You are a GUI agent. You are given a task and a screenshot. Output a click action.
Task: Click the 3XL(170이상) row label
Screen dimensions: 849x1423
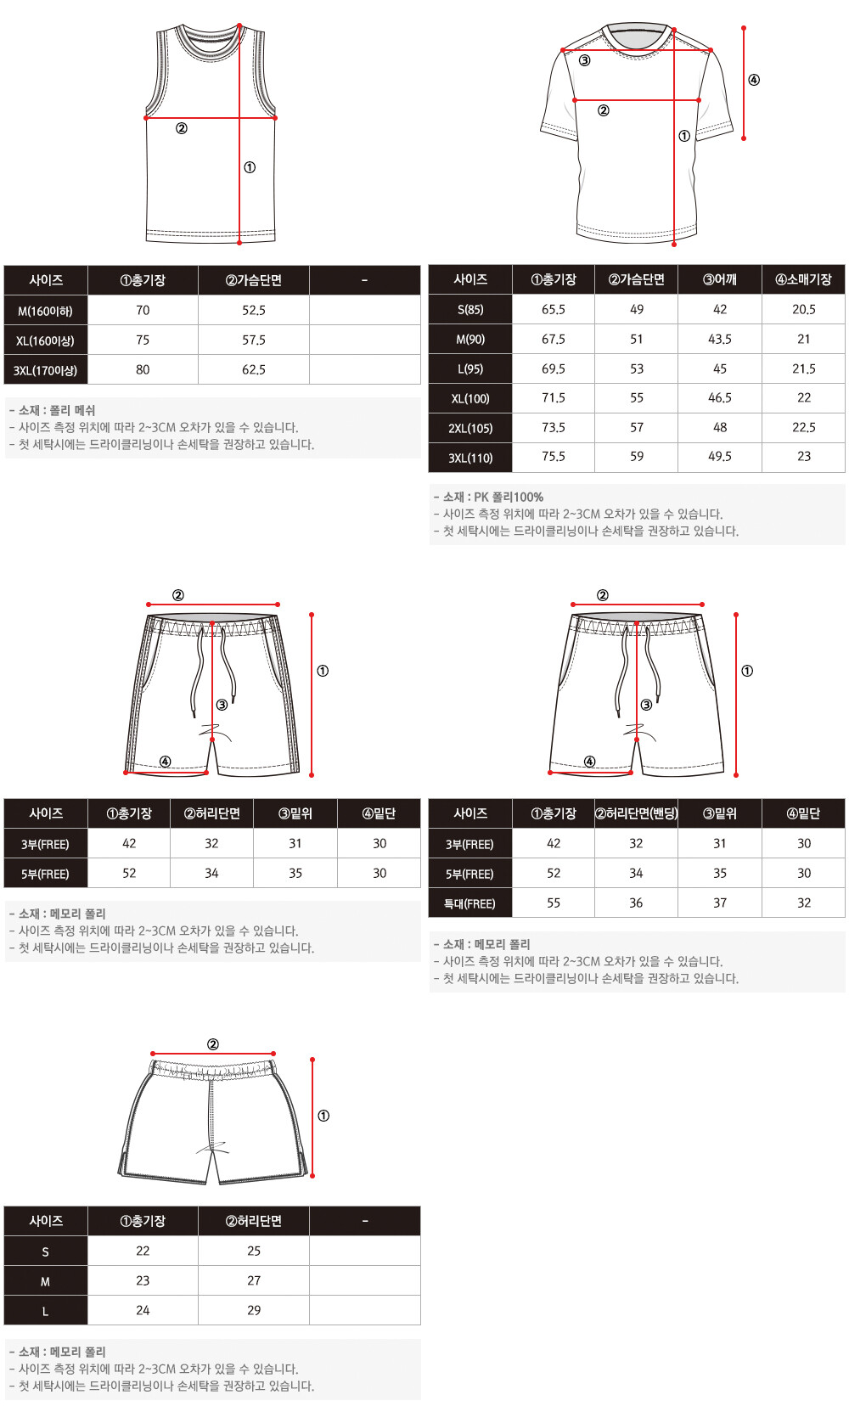(45, 369)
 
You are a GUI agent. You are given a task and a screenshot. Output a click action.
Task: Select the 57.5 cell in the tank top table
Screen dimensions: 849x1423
(253, 340)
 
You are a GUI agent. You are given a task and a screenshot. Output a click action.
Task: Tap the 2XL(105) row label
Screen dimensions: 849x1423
(469, 428)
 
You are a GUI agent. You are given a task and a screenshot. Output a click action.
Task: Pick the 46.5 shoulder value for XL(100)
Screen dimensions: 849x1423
(719, 397)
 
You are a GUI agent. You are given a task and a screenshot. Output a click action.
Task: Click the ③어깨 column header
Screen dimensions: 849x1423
(719, 279)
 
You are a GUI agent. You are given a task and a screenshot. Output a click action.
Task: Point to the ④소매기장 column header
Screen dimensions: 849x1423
(803, 279)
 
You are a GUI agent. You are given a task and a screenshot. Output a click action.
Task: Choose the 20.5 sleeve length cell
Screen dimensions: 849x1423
(803, 309)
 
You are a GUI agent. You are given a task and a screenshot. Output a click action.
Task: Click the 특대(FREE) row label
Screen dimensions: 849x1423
(469, 903)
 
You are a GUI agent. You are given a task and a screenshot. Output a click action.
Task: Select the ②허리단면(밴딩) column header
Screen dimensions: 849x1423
(636, 813)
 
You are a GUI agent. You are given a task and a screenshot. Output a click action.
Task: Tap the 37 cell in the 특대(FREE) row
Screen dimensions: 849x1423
(719, 903)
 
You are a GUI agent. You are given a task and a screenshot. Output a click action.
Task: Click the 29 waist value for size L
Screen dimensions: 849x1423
(253, 1310)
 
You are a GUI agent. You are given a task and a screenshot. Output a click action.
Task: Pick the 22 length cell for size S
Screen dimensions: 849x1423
(143, 1251)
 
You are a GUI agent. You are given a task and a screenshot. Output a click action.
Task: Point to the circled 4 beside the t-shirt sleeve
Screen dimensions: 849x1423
(754, 80)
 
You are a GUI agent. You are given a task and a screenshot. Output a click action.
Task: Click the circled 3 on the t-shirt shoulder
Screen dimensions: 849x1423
(585, 60)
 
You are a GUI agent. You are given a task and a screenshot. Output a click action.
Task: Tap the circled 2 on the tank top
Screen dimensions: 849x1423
(182, 128)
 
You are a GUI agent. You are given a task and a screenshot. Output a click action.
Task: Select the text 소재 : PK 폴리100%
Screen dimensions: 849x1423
(492, 497)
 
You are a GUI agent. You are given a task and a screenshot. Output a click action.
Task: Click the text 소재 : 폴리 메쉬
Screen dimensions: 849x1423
(57, 410)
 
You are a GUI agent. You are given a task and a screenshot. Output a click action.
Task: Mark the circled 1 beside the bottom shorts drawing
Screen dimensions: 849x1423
(323, 1116)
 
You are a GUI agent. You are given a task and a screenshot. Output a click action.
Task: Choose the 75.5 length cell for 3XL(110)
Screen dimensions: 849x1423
(553, 457)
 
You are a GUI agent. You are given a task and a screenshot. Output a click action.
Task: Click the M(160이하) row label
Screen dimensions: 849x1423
(45, 312)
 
